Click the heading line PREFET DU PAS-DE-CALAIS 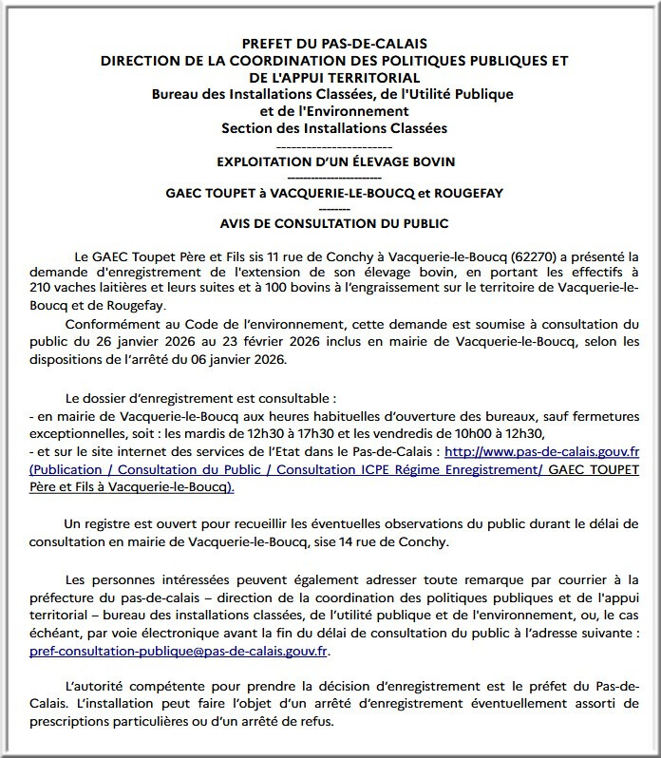coord(334,44)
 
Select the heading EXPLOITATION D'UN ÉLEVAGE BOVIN coord(333,162)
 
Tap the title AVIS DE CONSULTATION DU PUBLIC coord(333,224)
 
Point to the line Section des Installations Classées coord(333,128)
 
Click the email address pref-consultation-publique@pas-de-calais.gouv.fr coord(179,654)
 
